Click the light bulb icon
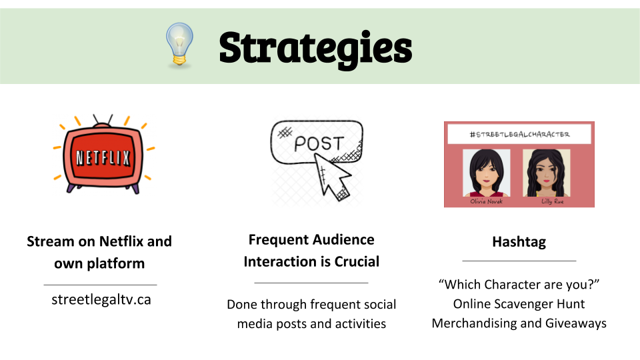tap(179, 44)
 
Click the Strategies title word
tap(315, 49)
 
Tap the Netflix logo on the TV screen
tap(103, 157)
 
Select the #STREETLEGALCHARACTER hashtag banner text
tap(519, 134)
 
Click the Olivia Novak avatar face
tap(486, 173)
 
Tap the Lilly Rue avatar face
tap(546, 173)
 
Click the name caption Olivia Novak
tap(486, 201)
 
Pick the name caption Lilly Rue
tap(552, 201)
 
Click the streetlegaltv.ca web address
tap(101, 299)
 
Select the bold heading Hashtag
tap(519, 242)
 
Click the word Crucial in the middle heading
tap(357, 261)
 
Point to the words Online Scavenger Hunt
tap(519, 304)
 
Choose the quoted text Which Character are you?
tap(519, 285)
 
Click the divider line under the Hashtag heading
tap(519, 261)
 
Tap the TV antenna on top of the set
tap(103, 120)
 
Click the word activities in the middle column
tap(361, 324)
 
